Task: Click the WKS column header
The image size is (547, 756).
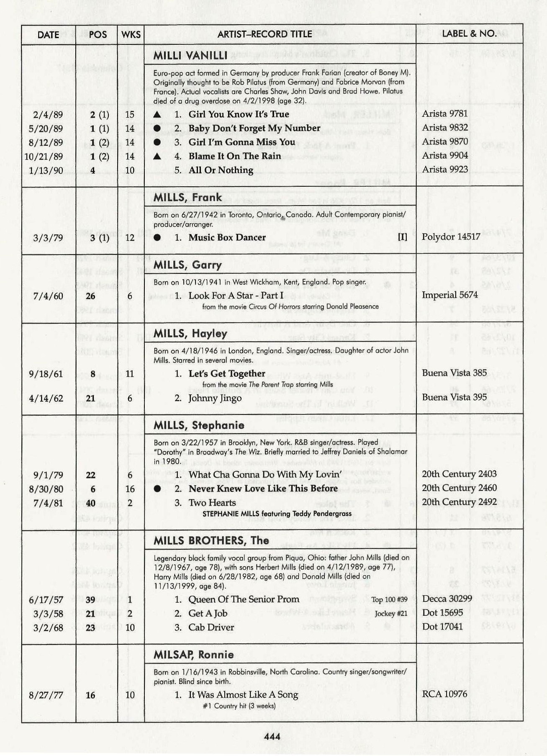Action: click(x=131, y=35)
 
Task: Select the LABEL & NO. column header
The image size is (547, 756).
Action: click(x=469, y=33)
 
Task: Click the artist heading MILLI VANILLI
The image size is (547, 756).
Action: click(x=190, y=56)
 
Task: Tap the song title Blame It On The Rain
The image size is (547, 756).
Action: click(x=235, y=156)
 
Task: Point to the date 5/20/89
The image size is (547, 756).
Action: click(x=46, y=129)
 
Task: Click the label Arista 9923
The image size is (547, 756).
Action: click(x=445, y=170)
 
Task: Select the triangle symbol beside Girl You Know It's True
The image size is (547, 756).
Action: click(x=157, y=115)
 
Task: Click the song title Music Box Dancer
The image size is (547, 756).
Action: click(x=227, y=237)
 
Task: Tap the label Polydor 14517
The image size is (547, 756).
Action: click(x=451, y=237)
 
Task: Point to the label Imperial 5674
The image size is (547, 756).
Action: click(x=449, y=295)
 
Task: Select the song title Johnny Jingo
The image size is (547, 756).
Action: click(x=215, y=398)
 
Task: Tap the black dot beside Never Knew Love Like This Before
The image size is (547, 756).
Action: click(x=157, y=489)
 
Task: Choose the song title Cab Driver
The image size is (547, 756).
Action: click(x=211, y=627)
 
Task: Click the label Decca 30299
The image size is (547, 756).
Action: click(x=447, y=599)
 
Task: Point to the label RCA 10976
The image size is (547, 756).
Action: click(x=444, y=694)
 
